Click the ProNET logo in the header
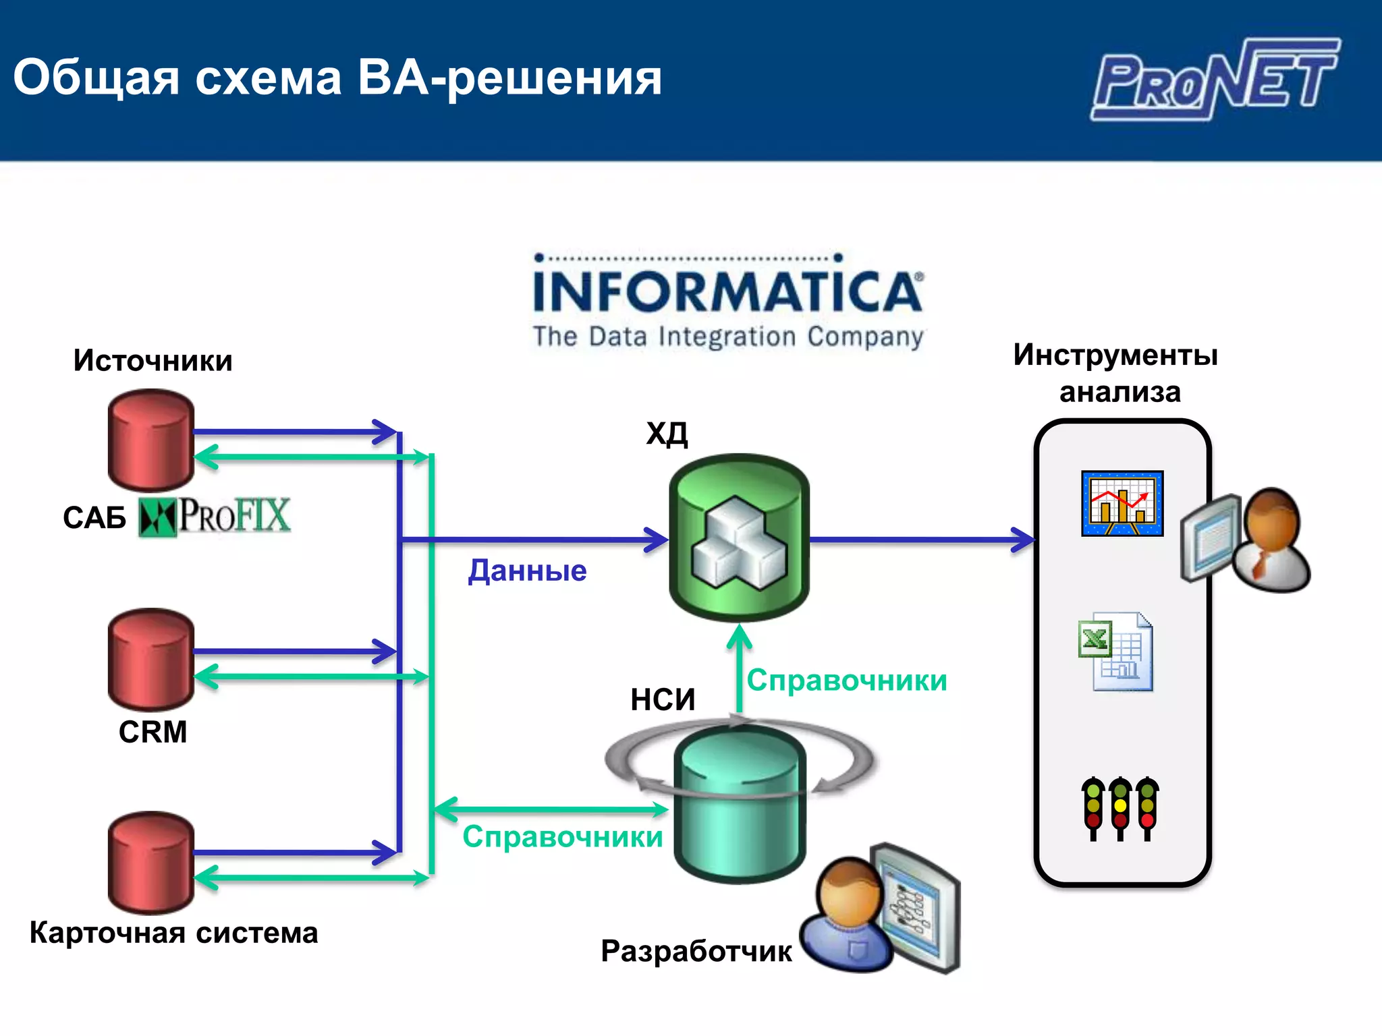(x=1215, y=80)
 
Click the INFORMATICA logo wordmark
(x=727, y=291)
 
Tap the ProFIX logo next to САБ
(x=215, y=517)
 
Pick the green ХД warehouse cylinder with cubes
(x=739, y=538)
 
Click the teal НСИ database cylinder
(x=740, y=803)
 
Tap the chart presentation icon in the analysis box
(x=1122, y=503)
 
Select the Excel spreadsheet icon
(x=1116, y=652)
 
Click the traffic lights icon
(x=1120, y=808)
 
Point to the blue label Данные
(x=528, y=571)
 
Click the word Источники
(x=153, y=361)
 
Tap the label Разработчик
(x=696, y=951)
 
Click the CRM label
(x=153, y=732)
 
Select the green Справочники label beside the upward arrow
(x=847, y=681)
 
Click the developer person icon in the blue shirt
(x=847, y=917)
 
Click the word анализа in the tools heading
(x=1120, y=392)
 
